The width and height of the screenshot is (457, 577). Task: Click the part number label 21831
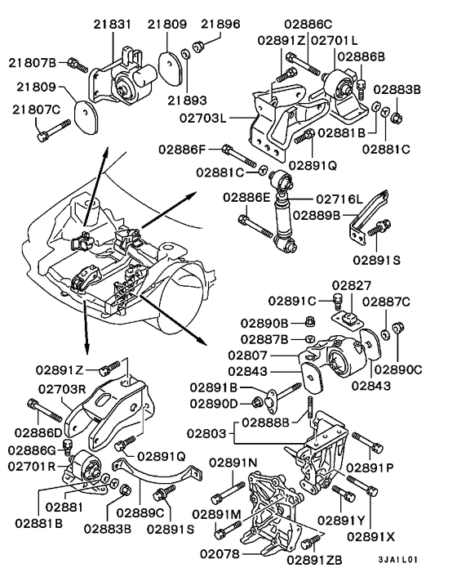point(114,25)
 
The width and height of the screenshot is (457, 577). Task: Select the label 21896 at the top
point(220,24)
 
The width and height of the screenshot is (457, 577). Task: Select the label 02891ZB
point(316,561)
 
